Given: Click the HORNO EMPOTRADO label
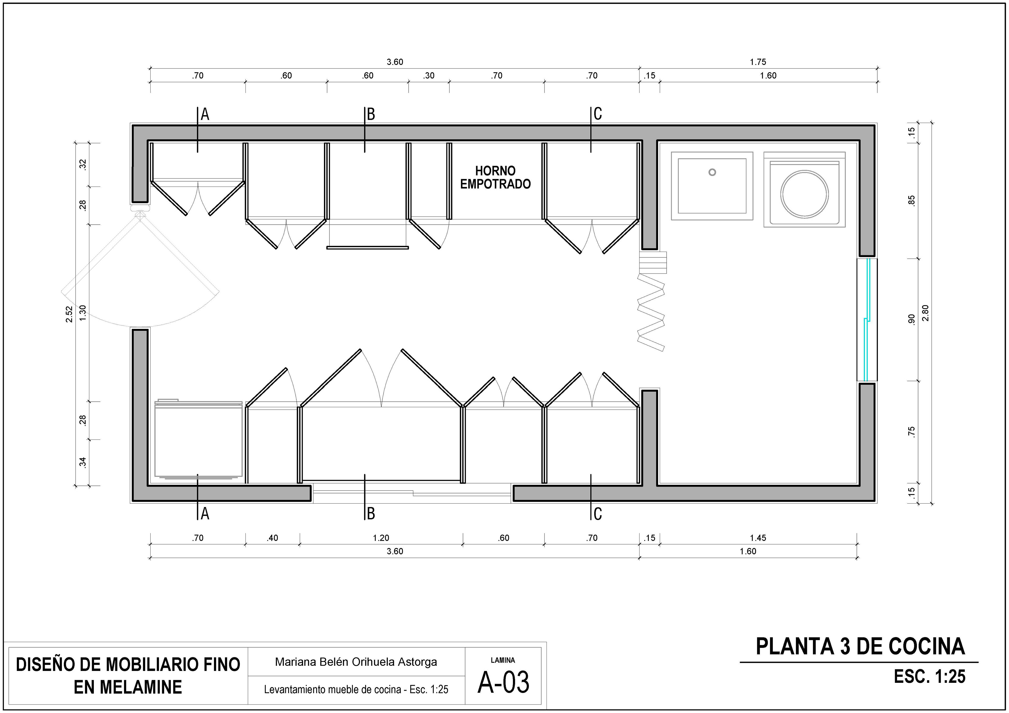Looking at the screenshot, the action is pos(495,178).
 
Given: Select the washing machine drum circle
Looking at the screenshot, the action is pos(804,194).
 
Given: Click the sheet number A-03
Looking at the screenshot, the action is pos(503,682).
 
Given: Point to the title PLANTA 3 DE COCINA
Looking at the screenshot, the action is pos(860,647).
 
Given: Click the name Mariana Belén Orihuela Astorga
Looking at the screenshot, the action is pos(356,662).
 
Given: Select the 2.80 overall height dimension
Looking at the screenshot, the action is pos(925,313).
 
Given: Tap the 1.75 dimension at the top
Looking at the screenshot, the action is pos(758,62).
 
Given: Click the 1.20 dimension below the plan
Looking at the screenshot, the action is pos(381,538).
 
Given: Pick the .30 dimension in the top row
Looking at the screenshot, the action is pos(429,76).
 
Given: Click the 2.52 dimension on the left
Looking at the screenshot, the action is pos(69,314).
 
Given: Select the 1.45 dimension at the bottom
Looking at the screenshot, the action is pos(758,538).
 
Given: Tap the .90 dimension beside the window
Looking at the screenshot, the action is pos(912,319).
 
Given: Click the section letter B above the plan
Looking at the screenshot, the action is pos(371,114).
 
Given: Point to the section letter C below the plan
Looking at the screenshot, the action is pos(598,514).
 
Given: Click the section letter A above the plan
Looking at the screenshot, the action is pos(205,114).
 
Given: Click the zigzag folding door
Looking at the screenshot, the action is pos(651,312).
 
